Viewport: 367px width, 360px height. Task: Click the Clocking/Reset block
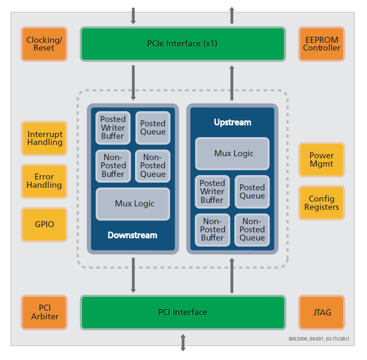click(x=44, y=44)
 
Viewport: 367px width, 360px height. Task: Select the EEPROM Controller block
click(x=321, y=44)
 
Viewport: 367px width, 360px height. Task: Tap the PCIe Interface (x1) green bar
click(x=183, y=44)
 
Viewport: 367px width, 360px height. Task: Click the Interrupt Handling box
click(x=44, y=138)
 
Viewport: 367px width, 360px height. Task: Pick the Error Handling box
click(x=44, y=181)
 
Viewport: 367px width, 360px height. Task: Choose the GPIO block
click(x=44, y=225)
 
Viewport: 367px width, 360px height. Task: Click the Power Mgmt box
click(x=321, y=160)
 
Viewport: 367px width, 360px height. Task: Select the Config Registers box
click(x=321, y=202)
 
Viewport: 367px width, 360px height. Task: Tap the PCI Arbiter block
click(x=44, y=312)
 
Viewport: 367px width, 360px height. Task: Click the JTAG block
click(x=321, y=312)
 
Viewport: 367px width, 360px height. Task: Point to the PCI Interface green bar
click(x=183, y=312)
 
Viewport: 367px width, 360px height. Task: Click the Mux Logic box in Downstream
click(x=133, y=204)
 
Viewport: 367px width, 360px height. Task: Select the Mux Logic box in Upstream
click(x=232, y=154)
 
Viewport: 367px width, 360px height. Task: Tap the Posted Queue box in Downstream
click(x=153, y=128)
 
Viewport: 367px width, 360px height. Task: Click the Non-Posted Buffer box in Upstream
click(x=212, y=230)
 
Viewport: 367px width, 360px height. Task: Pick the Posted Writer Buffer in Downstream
click(x=113, y=128)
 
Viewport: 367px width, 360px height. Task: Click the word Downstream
click(x=132, y=235)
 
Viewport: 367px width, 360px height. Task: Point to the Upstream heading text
click(x=232, y=122)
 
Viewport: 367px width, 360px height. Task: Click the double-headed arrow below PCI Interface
click(x=183, y=342)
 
